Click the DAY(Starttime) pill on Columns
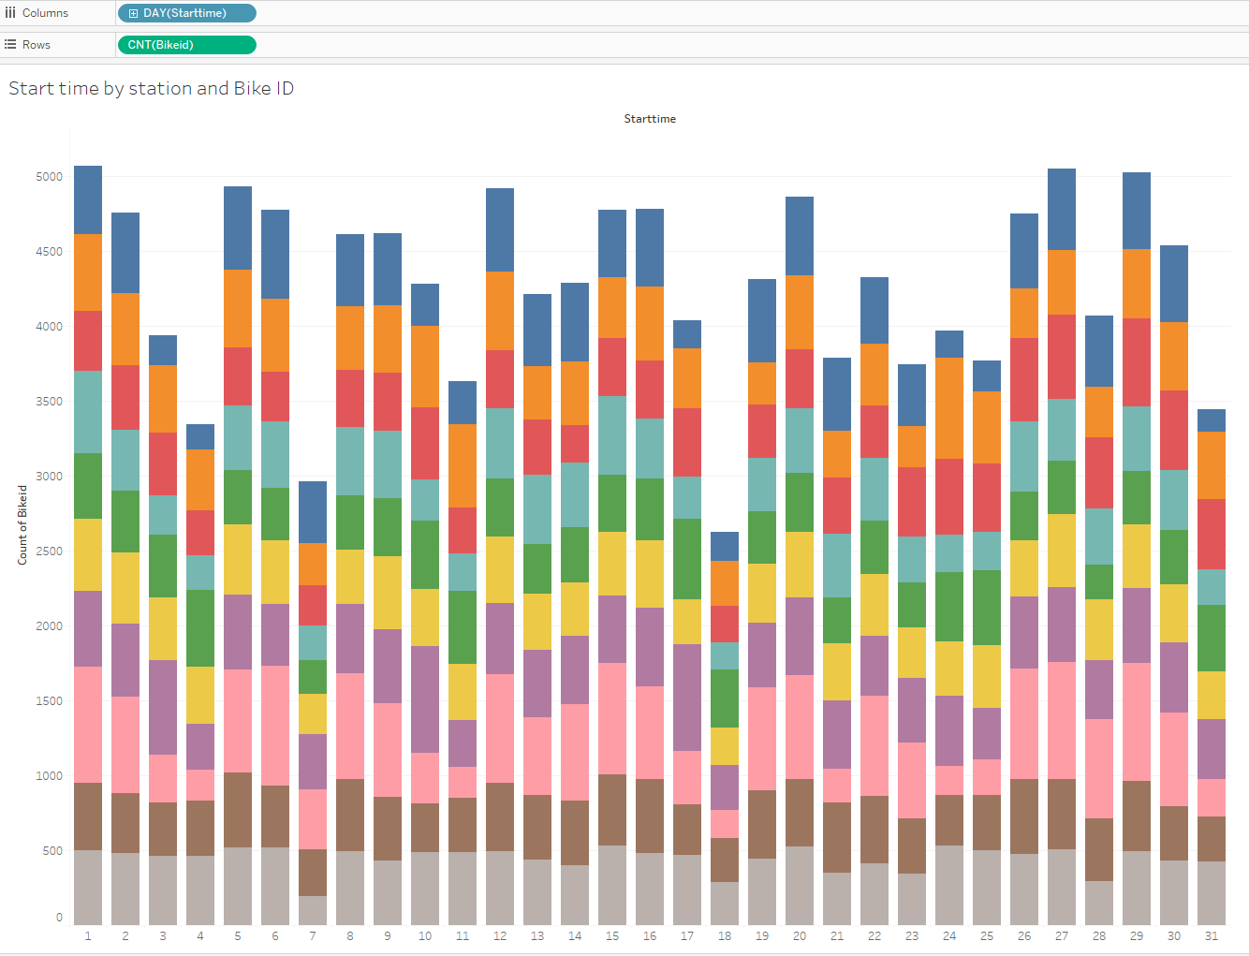186,13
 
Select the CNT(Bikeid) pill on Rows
186,45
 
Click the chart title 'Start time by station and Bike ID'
152,88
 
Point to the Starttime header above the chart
650,119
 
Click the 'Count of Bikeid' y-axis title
22,524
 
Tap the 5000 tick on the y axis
50,177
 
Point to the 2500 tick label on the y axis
50,552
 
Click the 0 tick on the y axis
59,918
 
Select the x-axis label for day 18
725,935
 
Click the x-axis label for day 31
1212,935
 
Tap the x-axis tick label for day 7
313,935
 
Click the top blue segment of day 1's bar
88,199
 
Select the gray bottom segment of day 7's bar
313,910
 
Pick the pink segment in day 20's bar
800,727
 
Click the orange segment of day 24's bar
949,408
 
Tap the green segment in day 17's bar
687,559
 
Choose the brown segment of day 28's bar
1099,849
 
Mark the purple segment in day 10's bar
425,699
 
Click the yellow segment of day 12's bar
500,569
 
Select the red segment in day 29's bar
1137,362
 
